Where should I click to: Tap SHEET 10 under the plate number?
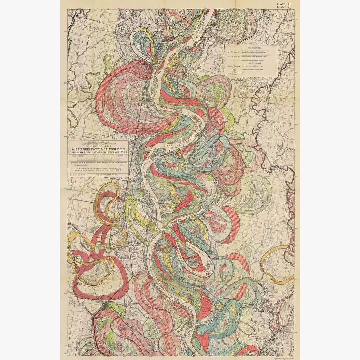point(284,7)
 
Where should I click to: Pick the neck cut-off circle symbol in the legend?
point(234,66)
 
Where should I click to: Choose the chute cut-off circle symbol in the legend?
point(234,70)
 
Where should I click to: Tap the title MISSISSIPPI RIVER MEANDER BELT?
point(99,150)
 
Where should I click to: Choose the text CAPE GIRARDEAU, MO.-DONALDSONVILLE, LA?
point(99,153)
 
